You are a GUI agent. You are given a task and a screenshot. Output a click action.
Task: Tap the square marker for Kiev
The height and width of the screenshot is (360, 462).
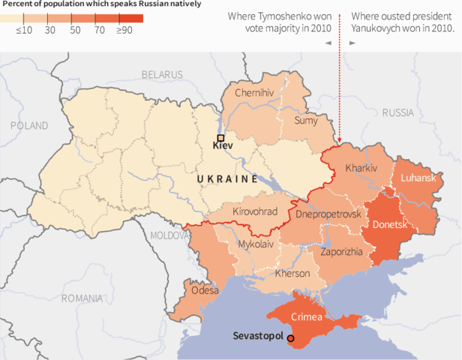(x=220, y=138)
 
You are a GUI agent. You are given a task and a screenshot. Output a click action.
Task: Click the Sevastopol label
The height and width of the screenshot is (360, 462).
(x=257, y=336)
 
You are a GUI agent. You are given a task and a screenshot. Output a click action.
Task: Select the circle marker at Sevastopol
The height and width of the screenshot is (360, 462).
(x=291, y=338)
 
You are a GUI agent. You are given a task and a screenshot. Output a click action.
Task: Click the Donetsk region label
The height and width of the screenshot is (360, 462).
(x=389, y=223)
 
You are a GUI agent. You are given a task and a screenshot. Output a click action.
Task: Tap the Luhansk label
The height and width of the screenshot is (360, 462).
(x=418, y=178)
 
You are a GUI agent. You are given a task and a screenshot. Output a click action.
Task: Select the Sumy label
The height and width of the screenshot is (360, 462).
(x=305, y=119)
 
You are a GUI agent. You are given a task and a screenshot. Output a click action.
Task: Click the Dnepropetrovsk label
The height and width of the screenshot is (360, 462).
(x=328, y=214)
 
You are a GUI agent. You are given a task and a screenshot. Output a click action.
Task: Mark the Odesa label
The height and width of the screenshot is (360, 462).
(x=205, y=289)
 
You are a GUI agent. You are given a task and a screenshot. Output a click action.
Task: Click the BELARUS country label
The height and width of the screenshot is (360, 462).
(x=161, y=74)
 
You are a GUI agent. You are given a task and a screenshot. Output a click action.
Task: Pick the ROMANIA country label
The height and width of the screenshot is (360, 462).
(x=82, y=298)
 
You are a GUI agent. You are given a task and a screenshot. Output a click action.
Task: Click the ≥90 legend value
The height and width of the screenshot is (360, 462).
(x=124, y=30)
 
